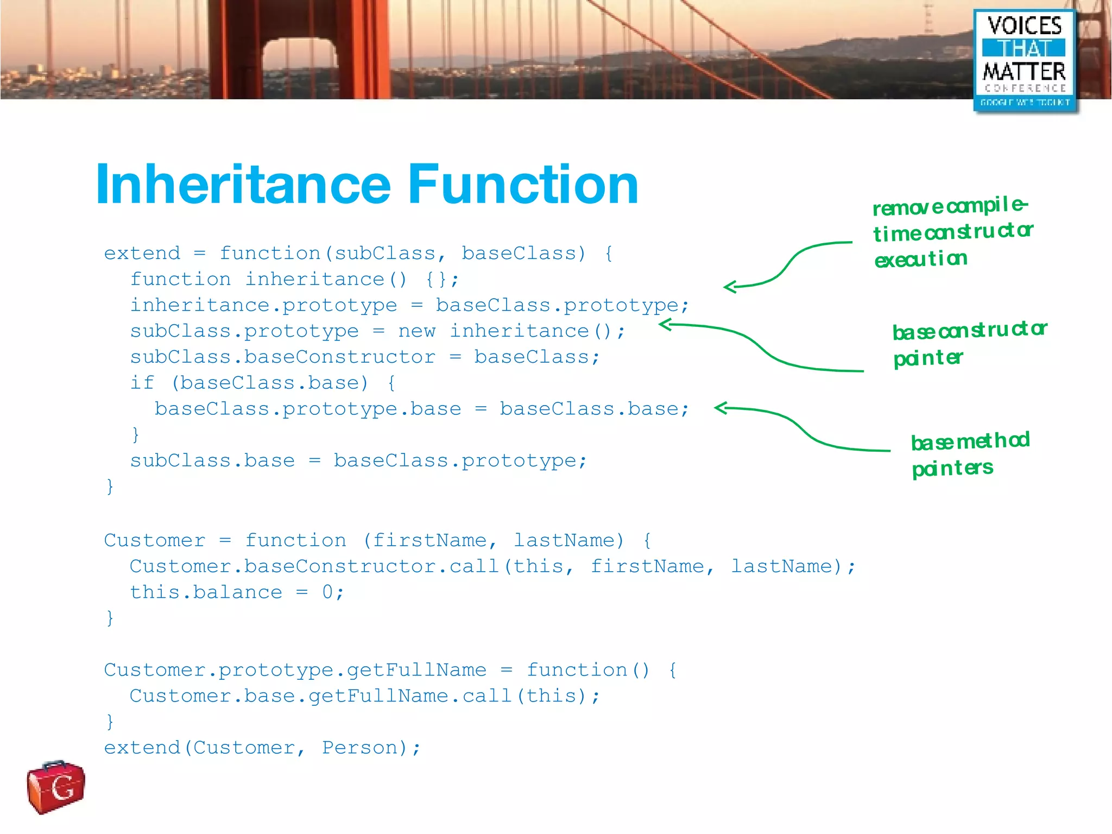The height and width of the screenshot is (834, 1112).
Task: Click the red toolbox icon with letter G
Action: point(56,787)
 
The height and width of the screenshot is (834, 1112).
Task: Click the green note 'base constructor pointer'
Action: point(969,343)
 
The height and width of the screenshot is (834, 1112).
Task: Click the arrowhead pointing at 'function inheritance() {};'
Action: point(731,287)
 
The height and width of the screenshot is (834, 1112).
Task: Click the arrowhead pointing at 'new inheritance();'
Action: point(666,325)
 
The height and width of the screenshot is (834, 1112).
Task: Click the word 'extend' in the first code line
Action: point(142,254)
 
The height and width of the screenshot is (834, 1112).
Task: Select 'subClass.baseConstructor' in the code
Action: point(282,357)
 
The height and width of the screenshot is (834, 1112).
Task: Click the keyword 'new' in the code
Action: point(416,331)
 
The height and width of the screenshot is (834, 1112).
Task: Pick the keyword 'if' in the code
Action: point(142,383)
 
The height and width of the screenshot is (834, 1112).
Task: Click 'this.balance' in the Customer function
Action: point(206,592)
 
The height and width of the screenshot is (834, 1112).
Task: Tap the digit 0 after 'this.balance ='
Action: point(327,592)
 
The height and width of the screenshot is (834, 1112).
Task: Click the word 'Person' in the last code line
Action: point(360,748)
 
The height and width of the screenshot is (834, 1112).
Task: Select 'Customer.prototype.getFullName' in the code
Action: point(295,671)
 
